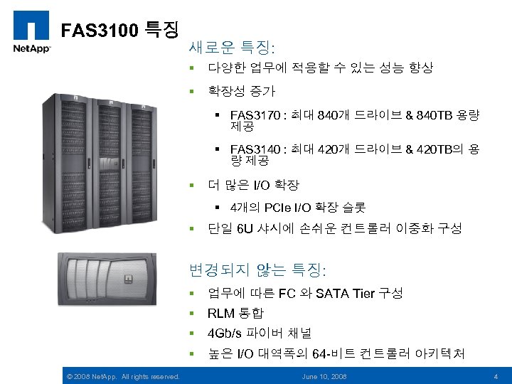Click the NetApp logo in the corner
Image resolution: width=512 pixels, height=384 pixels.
pyautogui.click(x=30, y=31)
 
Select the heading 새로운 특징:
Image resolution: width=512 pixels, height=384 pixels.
pyautogui.click(x=233, y=48)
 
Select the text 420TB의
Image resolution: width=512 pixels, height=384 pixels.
pyautogui.click(x=440, y=150)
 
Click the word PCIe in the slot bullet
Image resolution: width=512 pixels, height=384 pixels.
pyautogui.click(x=277, y=208)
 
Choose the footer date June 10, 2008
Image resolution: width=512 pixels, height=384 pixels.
pyautogui.click(x=324, y=375)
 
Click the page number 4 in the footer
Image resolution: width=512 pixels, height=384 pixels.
pyautogui.click(x=496, y=375)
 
